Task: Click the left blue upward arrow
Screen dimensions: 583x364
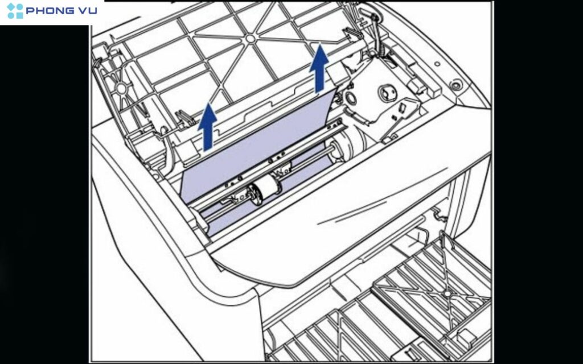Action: tap(207, 127)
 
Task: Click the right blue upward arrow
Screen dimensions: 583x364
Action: tap(319, 68)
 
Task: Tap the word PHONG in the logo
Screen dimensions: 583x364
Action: tap(51, 10)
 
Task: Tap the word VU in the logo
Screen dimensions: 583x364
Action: tap(89, 10)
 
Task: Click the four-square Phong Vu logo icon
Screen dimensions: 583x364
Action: tap(15, 11)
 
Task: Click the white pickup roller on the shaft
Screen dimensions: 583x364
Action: tap(267, 188)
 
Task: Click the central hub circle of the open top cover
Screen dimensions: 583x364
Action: tap(251, 38)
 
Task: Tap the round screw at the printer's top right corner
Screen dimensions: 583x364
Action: tap(455, 85)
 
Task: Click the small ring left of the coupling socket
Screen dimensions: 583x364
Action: tap(350, 98)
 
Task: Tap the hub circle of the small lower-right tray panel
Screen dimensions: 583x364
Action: tap(447, 294)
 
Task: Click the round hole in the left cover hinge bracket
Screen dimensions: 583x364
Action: tap(121, 88)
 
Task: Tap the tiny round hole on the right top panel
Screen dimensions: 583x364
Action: tap(437, 64)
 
